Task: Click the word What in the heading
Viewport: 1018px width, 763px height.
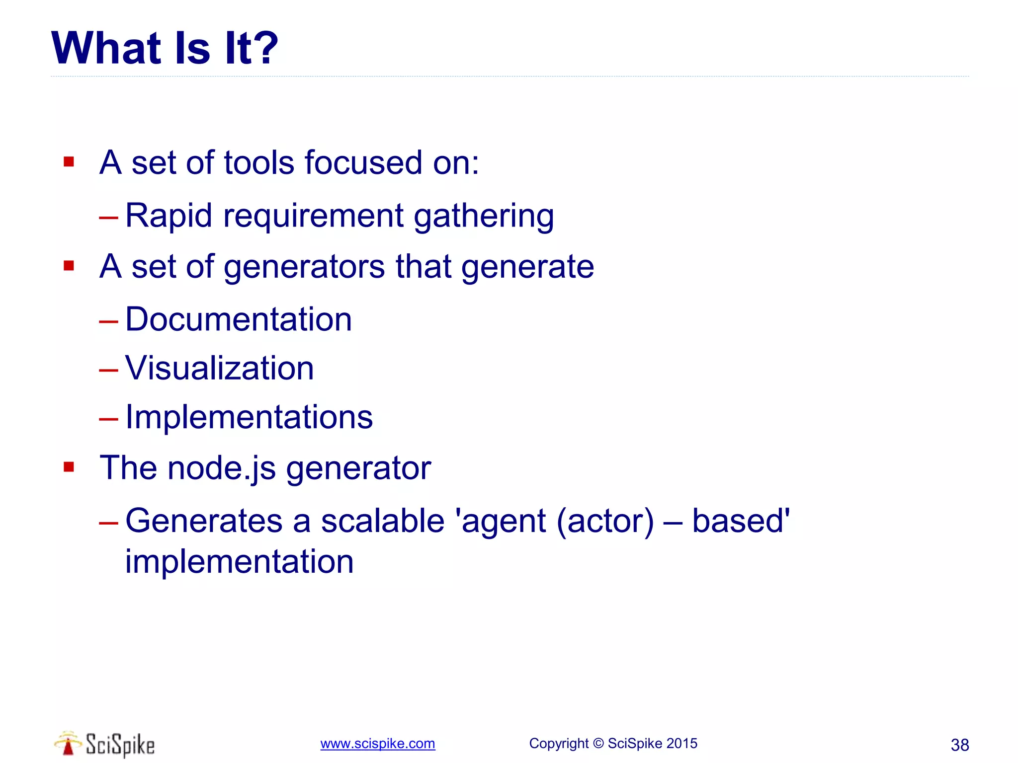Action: pos(106,48)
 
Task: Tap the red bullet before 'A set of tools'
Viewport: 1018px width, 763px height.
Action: pos(69,162)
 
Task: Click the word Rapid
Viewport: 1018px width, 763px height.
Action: pos(169,216)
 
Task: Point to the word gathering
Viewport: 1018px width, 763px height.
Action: pos(484,217)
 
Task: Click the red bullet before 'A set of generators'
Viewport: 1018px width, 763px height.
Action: pos(69,266)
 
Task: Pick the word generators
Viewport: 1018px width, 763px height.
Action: pos(304,267)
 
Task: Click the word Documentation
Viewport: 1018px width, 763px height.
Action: pos(238,319)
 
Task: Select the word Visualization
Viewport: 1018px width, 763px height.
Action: pos(219,368)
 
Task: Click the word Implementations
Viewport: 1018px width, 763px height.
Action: pos(249,417)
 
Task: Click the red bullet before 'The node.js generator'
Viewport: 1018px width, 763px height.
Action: pos(69,467)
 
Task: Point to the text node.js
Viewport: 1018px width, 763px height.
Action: pos(221,468)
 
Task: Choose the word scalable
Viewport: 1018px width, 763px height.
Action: pos(382,521)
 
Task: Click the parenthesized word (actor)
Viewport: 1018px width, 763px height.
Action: pos(605,521)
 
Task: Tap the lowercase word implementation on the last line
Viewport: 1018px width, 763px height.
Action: pos(239,562)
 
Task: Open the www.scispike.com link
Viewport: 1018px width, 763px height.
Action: pos(377,744)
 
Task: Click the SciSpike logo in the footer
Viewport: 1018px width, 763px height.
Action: pos(105,744)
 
